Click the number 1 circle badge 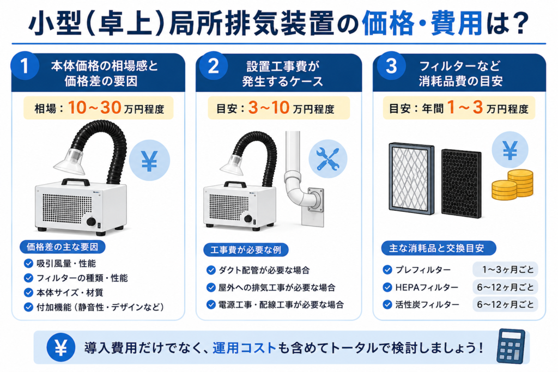(x=25, y=66)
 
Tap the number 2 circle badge (x=214, y=66)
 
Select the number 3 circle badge (x=391, y=66)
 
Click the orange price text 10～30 (x=94, y=107)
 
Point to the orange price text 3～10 (x=269, y=107)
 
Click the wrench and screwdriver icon (x=327, y=158)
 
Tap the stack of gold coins (x=513, y=185)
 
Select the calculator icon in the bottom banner (x=511, y=346)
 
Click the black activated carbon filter (x=462, y=183)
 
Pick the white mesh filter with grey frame (x=411, y=179)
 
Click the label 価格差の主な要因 (x=63, y=247)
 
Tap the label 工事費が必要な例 (x=246, y=250)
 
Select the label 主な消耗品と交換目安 (x=439, y=248)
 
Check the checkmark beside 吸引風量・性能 (x=28, y=264)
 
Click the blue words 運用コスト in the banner (x=245, y=347)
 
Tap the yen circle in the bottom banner (x=61, y=347)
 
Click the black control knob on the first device (x=91, y=222)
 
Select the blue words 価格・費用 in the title (x=422, y=23)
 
